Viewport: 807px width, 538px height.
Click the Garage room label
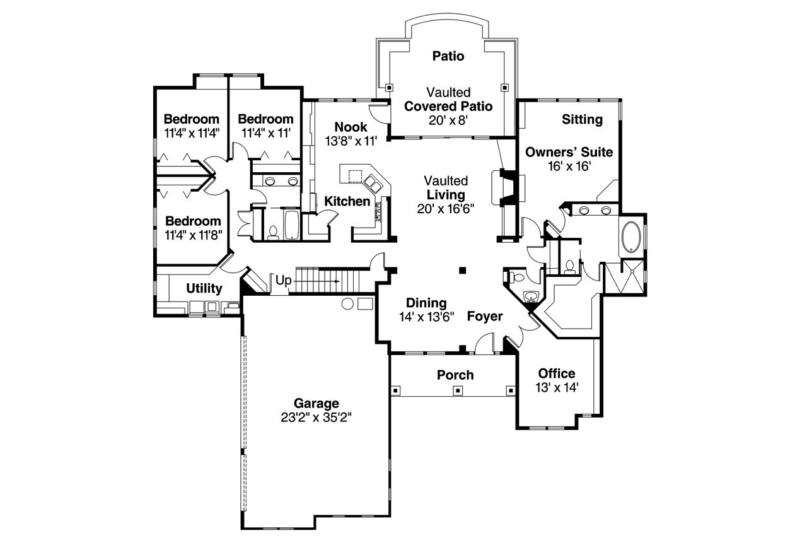click(316, 403)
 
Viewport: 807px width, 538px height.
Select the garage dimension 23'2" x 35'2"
click(316, 417)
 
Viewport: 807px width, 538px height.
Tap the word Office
click(557, 373)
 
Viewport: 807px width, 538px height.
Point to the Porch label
click(455, 375)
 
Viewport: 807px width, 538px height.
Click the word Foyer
click(485, 316)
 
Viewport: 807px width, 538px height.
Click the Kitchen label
click(347, 201)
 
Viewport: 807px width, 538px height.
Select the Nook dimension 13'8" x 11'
click(351, 141)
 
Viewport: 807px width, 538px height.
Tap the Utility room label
click(204, 288)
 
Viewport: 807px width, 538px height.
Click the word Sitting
click(582, 119)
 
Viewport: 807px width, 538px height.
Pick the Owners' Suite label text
click(569, 152)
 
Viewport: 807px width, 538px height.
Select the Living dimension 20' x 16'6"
click(445, 209)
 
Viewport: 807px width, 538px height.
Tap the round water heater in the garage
click(347, 304)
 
